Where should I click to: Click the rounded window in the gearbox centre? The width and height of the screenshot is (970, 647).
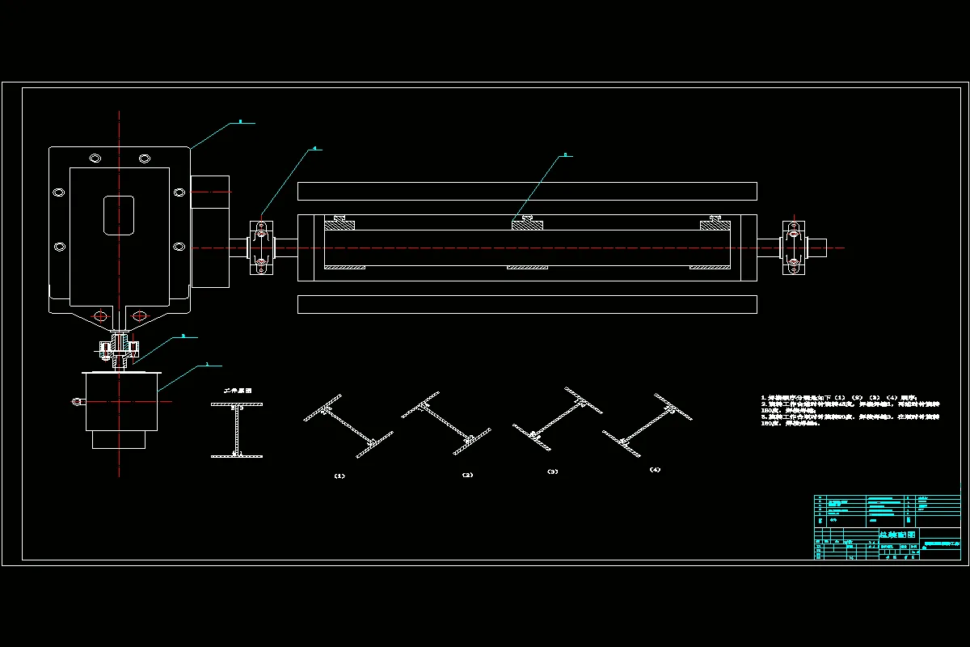[119, 214]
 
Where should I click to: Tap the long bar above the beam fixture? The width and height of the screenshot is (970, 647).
[527, 191]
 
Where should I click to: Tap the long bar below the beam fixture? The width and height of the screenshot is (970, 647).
[527, 304]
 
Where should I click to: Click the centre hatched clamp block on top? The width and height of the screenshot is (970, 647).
[527, 223]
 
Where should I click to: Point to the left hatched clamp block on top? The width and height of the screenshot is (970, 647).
[339, 223]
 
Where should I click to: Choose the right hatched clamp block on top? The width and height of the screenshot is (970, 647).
[715, 223]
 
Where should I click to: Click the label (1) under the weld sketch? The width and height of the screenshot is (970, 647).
[339, 476]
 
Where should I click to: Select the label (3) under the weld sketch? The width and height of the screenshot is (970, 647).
[552, 471]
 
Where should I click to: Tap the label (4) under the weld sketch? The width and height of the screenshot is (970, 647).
[655, 469]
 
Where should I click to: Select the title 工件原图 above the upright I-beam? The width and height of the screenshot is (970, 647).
[237, 390]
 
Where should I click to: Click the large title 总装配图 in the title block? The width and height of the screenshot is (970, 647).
[897, 535]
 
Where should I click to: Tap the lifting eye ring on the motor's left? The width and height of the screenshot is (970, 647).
[77, 400]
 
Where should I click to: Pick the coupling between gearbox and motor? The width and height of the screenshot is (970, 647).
[119, 349]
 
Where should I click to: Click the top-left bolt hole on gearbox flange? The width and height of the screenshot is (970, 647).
[95, 157]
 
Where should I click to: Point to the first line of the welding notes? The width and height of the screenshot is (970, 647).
[845, 398]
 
